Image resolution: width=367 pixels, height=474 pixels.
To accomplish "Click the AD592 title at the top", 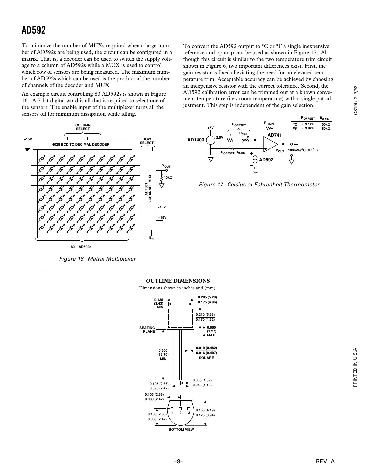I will [x=34, y=30].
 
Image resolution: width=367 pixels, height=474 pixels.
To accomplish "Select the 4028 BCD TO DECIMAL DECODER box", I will [x=81, y=145].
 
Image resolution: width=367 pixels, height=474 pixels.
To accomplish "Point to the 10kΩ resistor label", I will [x=168, y=178].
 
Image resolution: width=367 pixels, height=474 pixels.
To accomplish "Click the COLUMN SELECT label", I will [x=83, y=127].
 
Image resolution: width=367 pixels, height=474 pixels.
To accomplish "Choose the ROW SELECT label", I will [x=147, y=141].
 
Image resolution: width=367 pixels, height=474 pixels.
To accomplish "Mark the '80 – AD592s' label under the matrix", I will [x=81, y=247].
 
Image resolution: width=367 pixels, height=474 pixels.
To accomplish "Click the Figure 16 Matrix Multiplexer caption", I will [x=97, y=259].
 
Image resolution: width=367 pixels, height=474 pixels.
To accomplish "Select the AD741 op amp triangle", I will [x=270, y=144].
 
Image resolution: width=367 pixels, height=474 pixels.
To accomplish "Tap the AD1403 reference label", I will [x=196, y=140].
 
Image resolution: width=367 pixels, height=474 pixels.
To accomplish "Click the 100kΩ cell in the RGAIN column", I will [x=325, y=124].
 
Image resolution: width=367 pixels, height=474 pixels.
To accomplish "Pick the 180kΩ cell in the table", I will [x=325, y=128].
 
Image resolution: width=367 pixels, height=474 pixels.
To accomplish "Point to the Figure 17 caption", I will [x=259, y=185].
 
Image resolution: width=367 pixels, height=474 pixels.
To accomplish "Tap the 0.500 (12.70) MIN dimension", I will [x=163, y=354].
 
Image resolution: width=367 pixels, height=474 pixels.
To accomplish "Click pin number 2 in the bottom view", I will [x=180, y=413].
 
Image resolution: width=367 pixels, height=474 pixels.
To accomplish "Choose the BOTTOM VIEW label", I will [x=181, y=429].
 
